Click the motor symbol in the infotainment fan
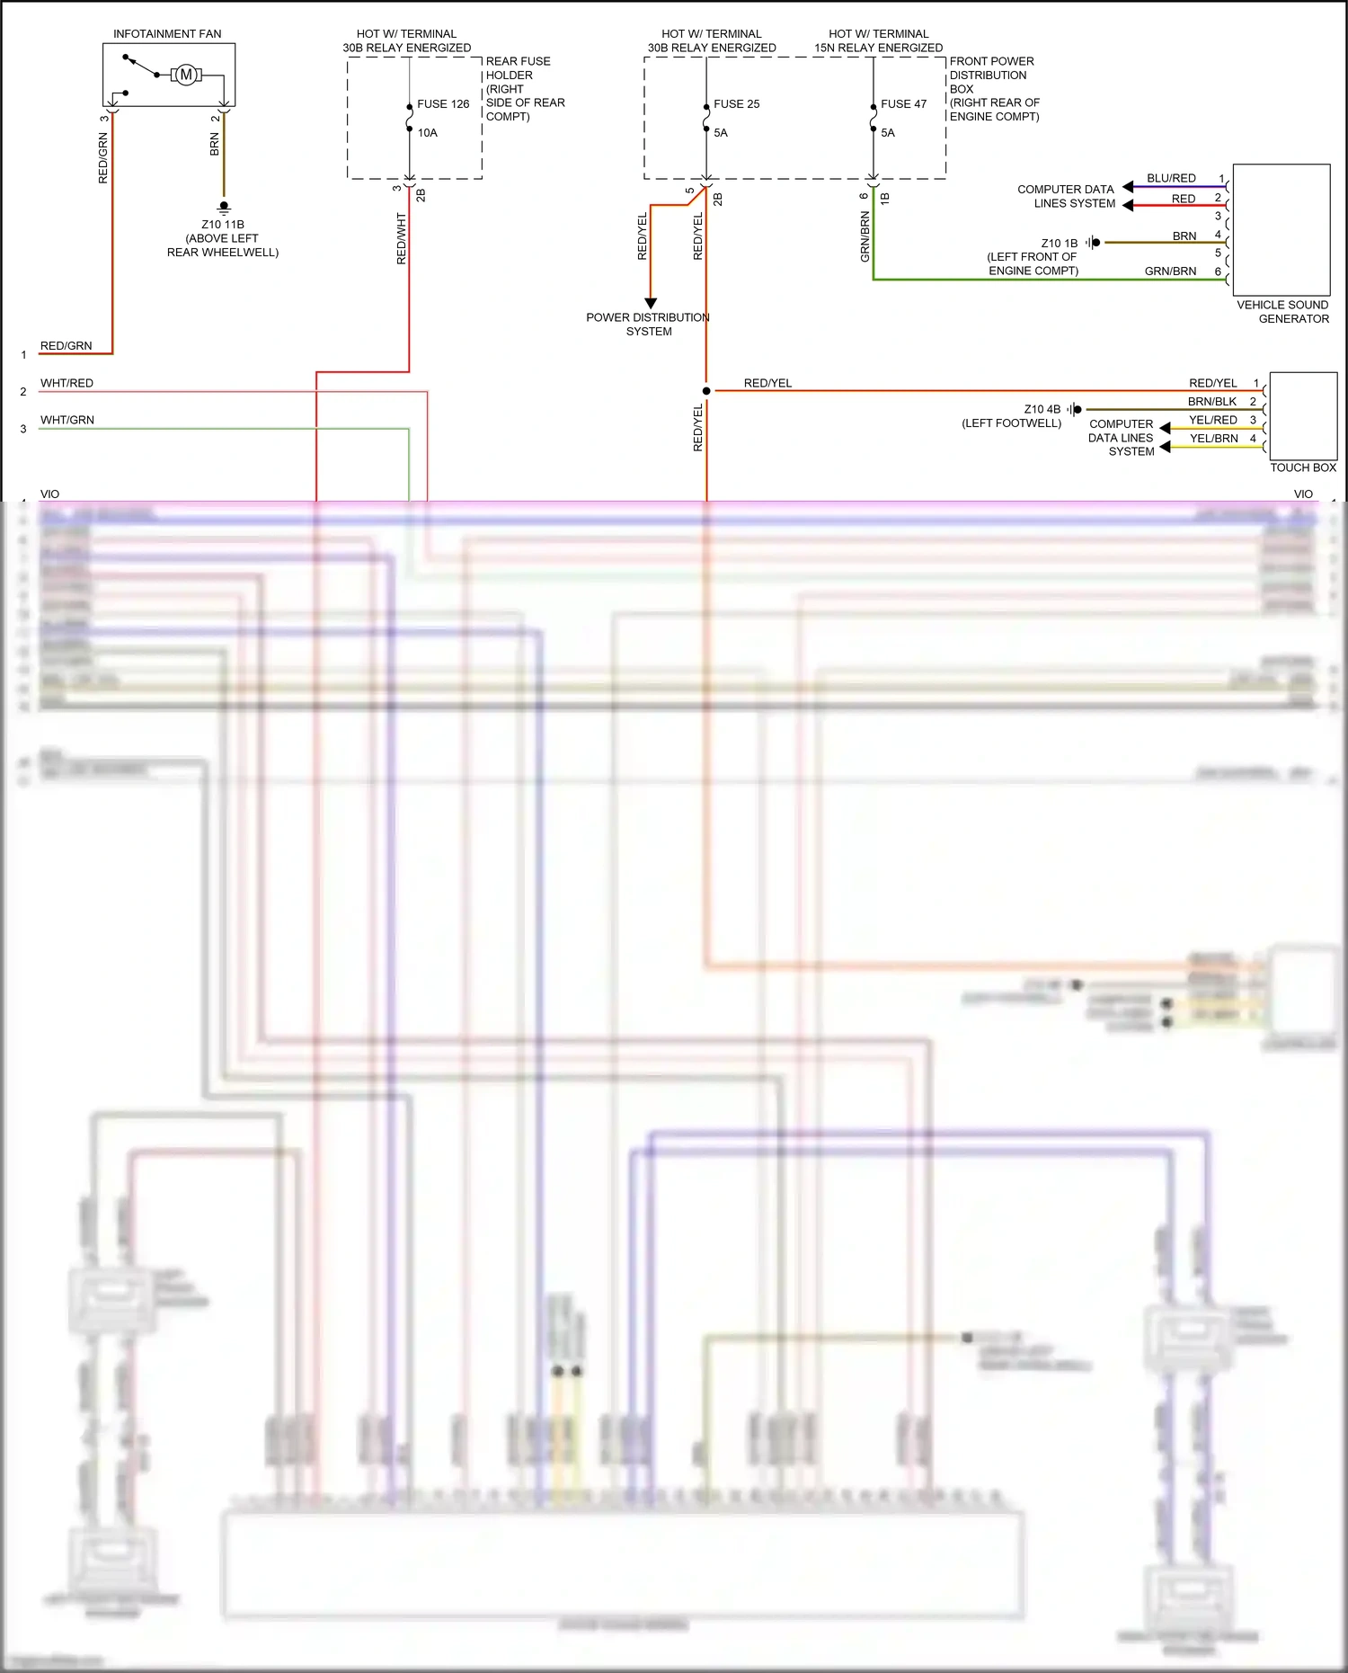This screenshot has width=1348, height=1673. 186,75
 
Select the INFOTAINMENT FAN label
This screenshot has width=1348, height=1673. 167,34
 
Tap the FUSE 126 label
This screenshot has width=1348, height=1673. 443,104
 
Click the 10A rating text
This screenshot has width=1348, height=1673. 428,133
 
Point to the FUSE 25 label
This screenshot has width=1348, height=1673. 736,104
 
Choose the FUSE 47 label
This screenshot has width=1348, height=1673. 903,104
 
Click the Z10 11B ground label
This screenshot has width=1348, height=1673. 223,225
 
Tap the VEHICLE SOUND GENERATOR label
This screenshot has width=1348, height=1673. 1282,312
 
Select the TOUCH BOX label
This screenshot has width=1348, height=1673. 1303,467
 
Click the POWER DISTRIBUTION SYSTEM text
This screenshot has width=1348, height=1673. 648,325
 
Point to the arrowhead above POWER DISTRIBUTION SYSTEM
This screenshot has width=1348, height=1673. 651,303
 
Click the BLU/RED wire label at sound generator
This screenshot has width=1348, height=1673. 1171,178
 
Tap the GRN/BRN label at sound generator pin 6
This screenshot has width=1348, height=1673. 1170,271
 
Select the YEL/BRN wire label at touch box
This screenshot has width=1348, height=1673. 1213,439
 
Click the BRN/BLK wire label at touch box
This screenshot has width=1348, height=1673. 1212,402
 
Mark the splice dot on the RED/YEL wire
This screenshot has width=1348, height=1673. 706,391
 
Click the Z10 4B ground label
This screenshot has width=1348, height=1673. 1042,409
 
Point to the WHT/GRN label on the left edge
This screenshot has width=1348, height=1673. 67,420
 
